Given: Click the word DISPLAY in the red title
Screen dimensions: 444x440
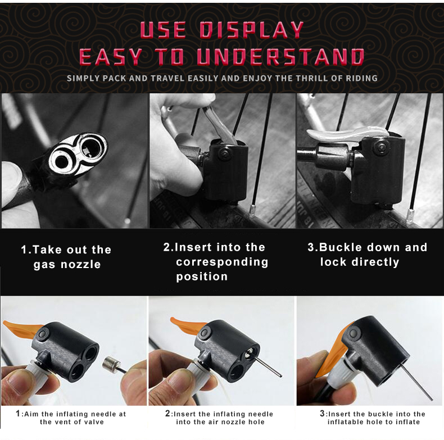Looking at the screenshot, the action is tap(252, 30).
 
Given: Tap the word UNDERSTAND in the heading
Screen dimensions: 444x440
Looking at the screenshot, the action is tap(280, 57).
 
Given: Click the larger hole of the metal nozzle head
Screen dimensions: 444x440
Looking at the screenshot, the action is tap(90, 147).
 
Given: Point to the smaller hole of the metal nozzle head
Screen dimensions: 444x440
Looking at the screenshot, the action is tap(61, 162).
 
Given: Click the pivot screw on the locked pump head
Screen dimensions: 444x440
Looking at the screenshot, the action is tap(380, 147).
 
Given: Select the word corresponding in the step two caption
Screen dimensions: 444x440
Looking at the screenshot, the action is tap(222, 262).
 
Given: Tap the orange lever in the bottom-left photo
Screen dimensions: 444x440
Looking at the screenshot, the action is tap(21, 328).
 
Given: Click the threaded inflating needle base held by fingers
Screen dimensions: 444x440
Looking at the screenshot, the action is tap(111, 364).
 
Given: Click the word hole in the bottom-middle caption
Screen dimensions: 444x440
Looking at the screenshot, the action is tap(256, 422).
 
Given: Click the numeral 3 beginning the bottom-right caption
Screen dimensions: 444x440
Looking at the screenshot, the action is tap(322, 414).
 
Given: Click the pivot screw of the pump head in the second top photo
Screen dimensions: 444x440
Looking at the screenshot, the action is tap(225, 153).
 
